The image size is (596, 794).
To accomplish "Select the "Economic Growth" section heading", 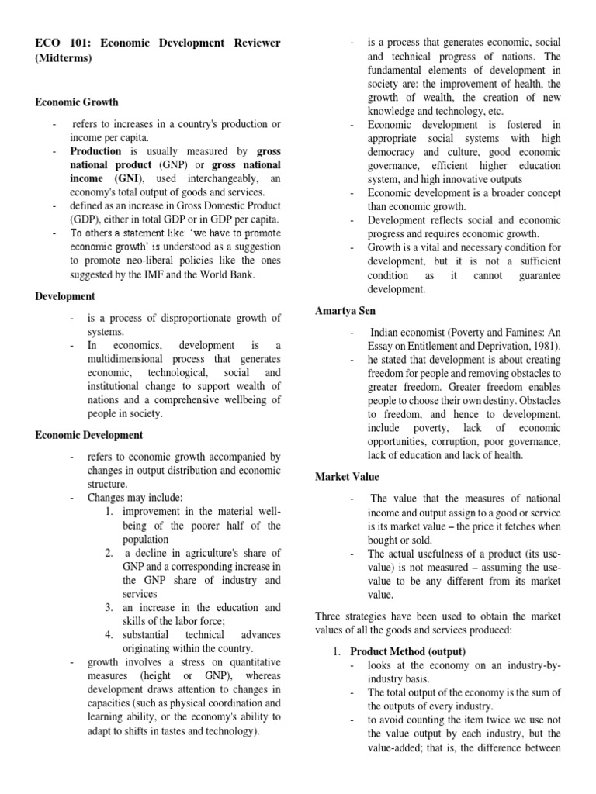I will tap(77, 102).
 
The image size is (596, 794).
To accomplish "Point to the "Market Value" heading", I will tap(347, 476).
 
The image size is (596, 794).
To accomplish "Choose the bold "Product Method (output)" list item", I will tap(407, 651).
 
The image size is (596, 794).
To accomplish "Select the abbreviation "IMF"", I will tap(178, 274).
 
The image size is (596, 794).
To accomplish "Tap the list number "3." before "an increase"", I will tap(109, 606).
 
